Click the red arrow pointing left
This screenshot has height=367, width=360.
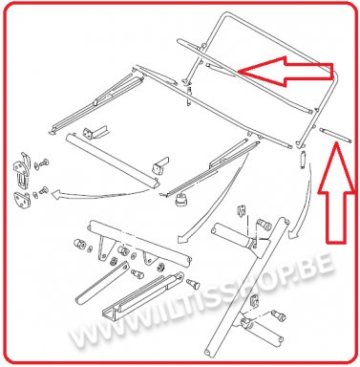coord(286,72)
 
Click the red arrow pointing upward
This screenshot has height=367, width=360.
coord(336,193)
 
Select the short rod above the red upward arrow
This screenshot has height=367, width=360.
coord(335,134)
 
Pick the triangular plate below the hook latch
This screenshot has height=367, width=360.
coord(23,199)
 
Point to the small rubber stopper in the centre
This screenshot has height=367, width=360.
coord(181,200)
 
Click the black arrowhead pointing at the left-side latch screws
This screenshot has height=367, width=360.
coord(56,194)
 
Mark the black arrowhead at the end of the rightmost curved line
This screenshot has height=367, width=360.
coord(293,234)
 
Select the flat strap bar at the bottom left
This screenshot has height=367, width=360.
coord(102,283)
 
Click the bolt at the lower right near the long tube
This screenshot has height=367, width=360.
coord(279,315)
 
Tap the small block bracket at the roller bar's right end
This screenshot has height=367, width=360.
coord(161,165)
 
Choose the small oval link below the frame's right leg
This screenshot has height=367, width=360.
coord(304,160)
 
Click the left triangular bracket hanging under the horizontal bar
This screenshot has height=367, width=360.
coord(102,249)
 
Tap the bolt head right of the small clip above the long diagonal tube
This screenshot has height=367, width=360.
coord(265,225)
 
